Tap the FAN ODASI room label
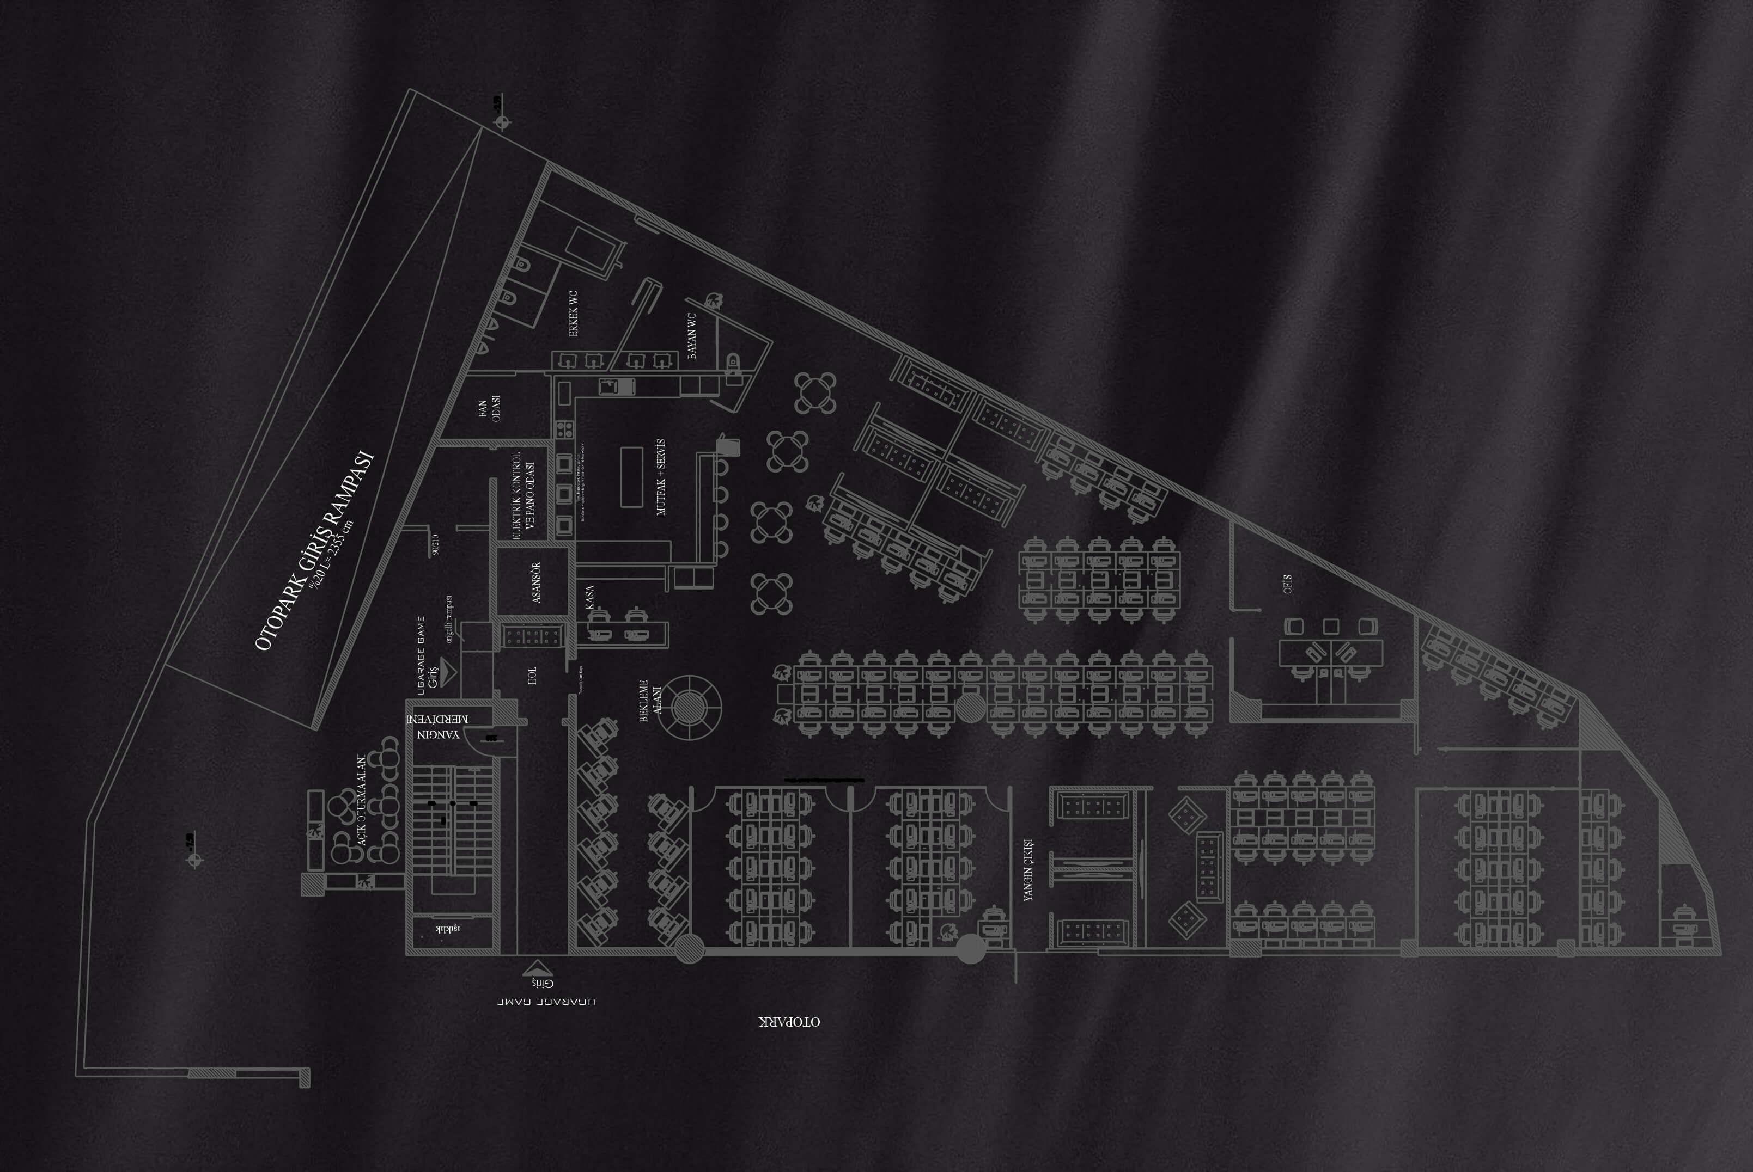(489, 408)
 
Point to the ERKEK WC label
(574, 313)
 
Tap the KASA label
(590, 597)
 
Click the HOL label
(532, 676)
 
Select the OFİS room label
(1287, 584)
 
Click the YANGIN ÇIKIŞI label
(1028, 869)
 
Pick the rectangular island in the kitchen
(631, 477)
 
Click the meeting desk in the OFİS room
(1330, 653)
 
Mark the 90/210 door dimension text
(435, 544)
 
